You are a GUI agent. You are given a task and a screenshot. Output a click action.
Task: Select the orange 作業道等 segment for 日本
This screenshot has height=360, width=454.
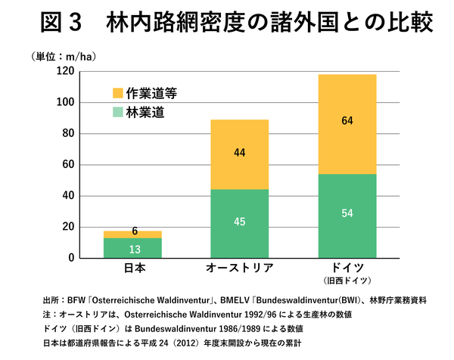coord(133,234)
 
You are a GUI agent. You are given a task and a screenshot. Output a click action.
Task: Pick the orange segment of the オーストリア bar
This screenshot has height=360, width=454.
coord(239,154)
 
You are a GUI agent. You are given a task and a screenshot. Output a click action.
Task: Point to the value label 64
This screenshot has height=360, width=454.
coord(347,120)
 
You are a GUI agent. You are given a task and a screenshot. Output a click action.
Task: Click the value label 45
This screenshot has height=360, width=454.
coord(239,222)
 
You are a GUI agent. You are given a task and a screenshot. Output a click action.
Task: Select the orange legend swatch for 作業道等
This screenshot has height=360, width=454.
coord(117,93)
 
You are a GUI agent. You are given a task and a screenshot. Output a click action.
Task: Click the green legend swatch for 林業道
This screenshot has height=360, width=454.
coord(117,113)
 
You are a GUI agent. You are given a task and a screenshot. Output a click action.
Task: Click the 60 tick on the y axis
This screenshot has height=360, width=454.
coord(67,165)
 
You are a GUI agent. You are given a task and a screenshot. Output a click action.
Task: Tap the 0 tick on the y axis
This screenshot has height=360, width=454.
coord(70,258)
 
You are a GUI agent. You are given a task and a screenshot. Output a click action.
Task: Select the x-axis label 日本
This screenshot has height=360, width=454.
coord(133,268)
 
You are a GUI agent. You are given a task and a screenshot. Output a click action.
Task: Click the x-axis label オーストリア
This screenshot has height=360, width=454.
coord(239,268)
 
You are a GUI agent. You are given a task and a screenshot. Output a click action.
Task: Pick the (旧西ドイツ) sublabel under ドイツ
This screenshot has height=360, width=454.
coord(347,281)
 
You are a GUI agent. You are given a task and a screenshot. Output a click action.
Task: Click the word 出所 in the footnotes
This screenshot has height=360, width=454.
coord(51,300)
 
